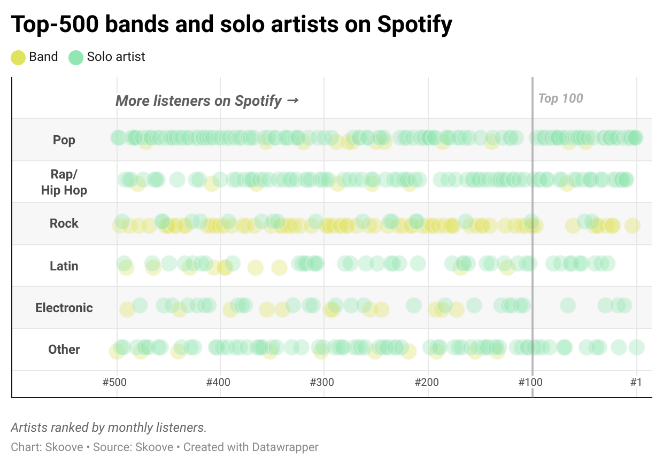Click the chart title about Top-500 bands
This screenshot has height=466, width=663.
tap(231, 24)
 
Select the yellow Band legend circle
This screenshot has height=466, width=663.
tap(18, 57)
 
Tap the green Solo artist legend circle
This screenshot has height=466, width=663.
tap(76, 57)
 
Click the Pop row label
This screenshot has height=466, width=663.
tap(64, 140)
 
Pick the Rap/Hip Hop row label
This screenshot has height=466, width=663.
tap(64, 182)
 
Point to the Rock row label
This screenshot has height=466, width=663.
tap(64, 223)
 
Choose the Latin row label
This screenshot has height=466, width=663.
tap(64, 266)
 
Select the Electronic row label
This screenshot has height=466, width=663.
tap(64, 308)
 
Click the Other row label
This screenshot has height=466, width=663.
tap(64, 349)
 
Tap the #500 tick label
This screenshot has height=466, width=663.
tap(114, 383)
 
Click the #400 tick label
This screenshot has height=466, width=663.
tap(218, 383)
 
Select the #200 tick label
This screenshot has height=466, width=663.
tap(426, 383)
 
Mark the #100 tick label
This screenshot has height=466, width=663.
tap(530, 383)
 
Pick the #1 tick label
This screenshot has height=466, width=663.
tap(636, 383)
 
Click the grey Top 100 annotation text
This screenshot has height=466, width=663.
tap(560, 98)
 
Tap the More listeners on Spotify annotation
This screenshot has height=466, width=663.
tap(207, 100)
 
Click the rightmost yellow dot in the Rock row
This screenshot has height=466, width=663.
tap(633, 226)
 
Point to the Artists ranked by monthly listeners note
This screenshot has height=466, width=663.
tap(109, 428)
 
